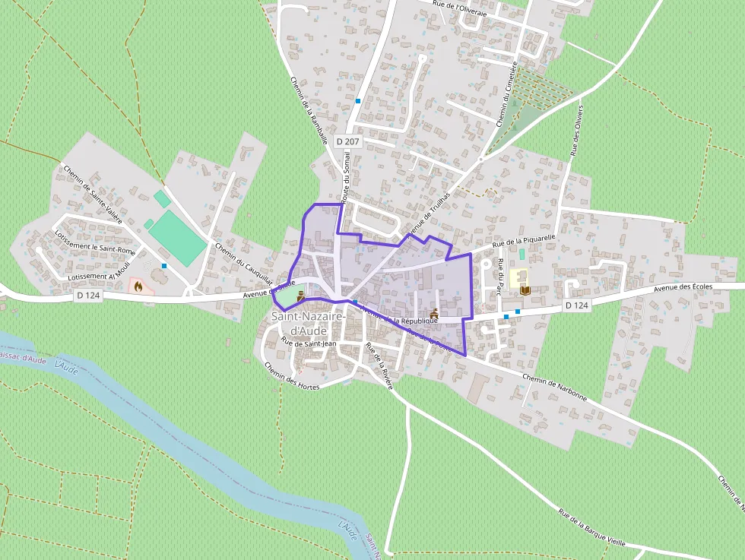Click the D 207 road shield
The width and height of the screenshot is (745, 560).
pyautogui.click(x=347, y=141)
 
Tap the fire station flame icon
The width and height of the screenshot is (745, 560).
pyautogui.click(x=138, y=286)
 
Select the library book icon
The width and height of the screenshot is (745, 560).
pyautogui.click(x=524, y=289)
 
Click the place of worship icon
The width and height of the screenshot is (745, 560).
pyautogui.click(x=435, y=312)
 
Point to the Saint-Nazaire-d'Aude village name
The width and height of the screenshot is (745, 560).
pyautogui.click(x=309, y=323)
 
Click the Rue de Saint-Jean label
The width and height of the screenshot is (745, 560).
pyautogui.click(x=309, y=343)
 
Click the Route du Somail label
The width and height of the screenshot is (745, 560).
pyautogui.click(x=347, y=176)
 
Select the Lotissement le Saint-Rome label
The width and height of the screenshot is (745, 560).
pyautogui.click(x=96, y=239)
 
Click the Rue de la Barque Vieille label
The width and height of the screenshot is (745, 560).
pyautogui.click(x=591, y=527)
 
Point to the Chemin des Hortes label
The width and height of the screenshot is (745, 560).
pyautogui.click(x=292, y=376)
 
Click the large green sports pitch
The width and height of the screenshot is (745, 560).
pyautogui.click(x=177, y=239)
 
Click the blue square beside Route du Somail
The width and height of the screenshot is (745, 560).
pyautogui.click(x=357, y=100)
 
